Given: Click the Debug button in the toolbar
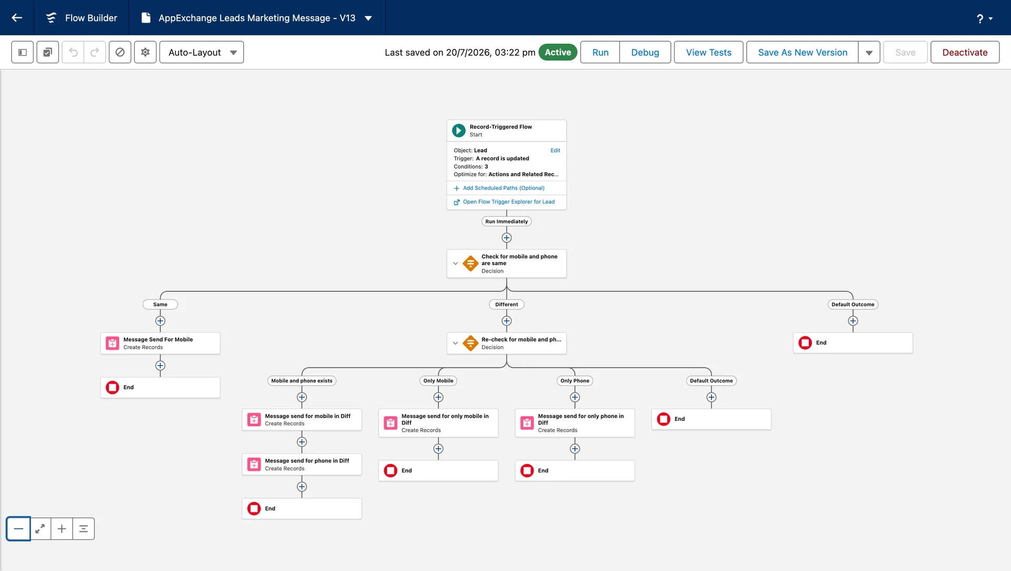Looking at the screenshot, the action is coord(645,52).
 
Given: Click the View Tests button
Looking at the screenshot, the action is coord(708,52).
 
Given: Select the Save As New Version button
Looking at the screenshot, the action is coord(802,52).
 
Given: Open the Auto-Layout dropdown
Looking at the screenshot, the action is coord(202,52).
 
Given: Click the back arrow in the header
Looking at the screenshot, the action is coord(17,17).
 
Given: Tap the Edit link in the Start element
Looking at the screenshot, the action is coord(555,150).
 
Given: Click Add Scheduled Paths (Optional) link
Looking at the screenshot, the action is coord(503,188).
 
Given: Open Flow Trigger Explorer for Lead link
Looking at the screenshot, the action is coord(509,201).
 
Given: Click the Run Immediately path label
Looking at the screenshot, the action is coord(507,221).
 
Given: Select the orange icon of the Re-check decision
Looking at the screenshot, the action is coord(470,343).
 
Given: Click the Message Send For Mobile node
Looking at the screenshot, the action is coord(160,343).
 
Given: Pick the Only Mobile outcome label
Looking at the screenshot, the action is coord(438,381).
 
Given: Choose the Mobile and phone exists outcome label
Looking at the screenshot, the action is coord(302,381).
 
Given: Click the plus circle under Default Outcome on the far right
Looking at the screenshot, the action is coord(853,321).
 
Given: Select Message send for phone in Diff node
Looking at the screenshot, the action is coord(302,464).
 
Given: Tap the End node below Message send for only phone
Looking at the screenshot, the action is coord(574,470).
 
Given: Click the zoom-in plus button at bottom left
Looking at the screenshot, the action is coord(62,529).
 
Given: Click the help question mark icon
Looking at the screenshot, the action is coord(980,18).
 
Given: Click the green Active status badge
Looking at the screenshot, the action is coord(558,52).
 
